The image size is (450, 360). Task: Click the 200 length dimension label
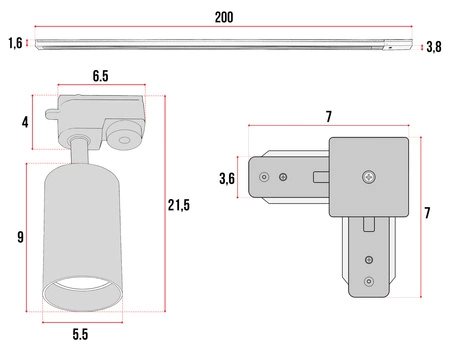[224, 17]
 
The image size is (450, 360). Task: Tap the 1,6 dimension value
[15, 43]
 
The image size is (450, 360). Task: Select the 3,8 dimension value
[434, 47]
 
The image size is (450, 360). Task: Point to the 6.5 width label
[100, 76]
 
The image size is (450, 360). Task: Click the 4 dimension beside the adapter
[25, 122]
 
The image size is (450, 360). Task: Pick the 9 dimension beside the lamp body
[21, 237]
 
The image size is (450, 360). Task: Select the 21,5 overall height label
[179, 205]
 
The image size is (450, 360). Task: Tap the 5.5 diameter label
[80, 334]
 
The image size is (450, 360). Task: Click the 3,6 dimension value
[227, 179]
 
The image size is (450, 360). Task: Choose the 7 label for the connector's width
[329, 117]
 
